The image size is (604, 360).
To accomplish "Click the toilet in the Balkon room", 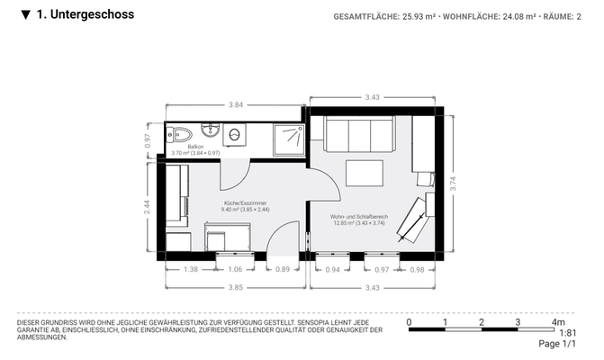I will point(181,134).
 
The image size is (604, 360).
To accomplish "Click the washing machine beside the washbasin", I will point(235,135).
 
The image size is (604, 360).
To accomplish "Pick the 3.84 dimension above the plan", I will point(236,105).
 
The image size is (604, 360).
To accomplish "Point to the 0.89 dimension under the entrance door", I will point(283,269).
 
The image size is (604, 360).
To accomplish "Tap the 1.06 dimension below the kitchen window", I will point(235,269).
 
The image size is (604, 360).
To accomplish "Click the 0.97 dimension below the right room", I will point(381,269).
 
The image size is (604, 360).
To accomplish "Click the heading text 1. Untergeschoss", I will point(86,14).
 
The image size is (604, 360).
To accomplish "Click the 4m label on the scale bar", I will point(559,322).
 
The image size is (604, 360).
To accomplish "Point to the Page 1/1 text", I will point(556,344).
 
